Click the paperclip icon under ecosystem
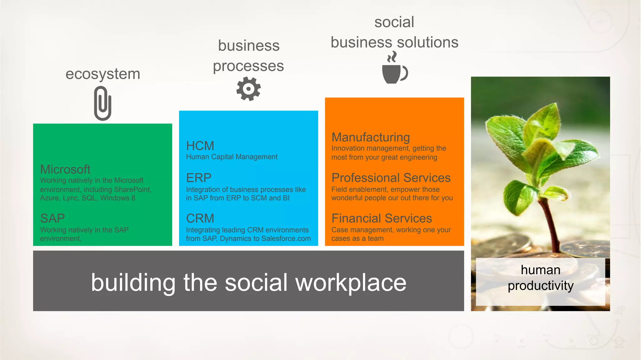[103, 104]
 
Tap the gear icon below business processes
[249, 89]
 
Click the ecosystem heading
[103, 74]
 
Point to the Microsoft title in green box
[65, 170]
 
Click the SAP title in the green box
[52, 218]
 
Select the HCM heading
[200, 146]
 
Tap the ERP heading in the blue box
[199, 178]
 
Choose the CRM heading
[200, 218]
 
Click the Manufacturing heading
[371, 137]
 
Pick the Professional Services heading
[391, 178]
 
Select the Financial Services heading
[382, 218]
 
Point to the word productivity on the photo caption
[541, 286]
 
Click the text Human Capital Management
[232, 157]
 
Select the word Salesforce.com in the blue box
[286, 239]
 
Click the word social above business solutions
[394, 22]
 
